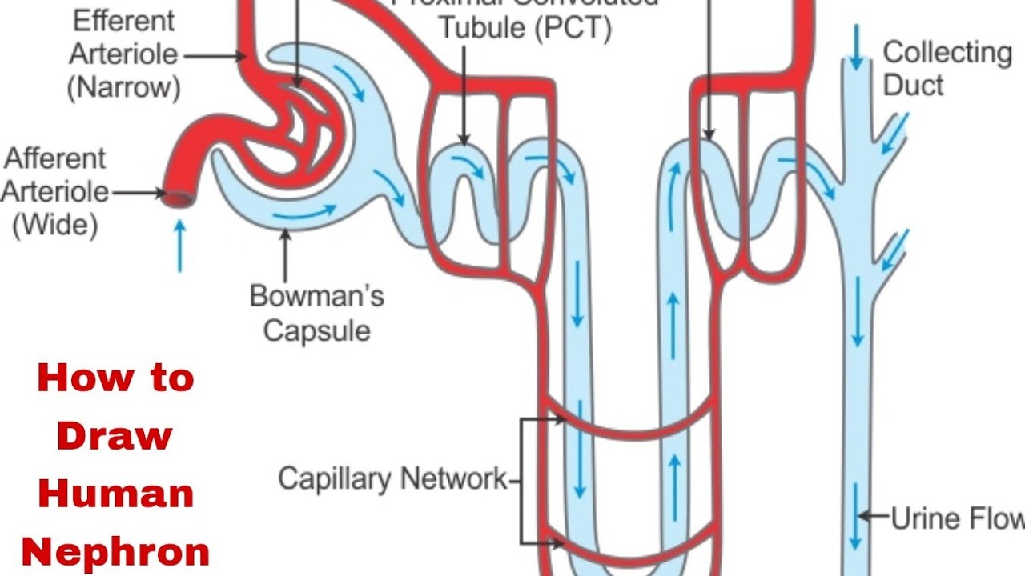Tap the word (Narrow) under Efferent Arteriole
(123, 86)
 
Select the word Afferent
(55, 158)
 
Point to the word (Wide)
(55, 225)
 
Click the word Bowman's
(317, 296)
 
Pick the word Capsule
(317, 330)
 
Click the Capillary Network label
(392, 479)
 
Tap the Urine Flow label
(958, 518)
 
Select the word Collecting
(947, 53)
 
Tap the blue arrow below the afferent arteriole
(179, 246)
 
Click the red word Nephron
(115, 552)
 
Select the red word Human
(115, 494)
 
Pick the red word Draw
(115, 436)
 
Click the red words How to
(115, 378)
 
